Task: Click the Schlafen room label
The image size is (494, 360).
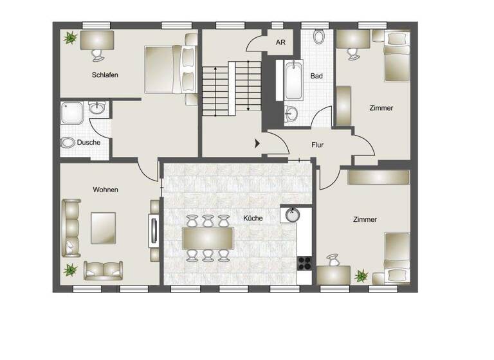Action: [x=105, y=75]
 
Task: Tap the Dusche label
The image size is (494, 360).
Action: [x=89, y=142]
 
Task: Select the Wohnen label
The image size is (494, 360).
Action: [x=105, y=190]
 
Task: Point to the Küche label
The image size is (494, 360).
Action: [x=253, y=219]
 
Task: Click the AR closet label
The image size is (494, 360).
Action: [x=280, y=42]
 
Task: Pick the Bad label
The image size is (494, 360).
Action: [x=316, y=76]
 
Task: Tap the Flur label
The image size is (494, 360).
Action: [x=316, y=145]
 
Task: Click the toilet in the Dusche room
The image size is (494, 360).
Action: [x=68, y=142]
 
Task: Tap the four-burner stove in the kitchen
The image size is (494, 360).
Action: [x=304, y=262]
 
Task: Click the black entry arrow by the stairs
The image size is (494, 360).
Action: [x=258, y=143]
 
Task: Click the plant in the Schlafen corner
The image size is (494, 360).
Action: [x=68, y=39]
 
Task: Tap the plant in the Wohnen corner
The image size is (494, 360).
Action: [x=69, y=269]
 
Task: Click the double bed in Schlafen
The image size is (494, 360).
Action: [x=165, y=69]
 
